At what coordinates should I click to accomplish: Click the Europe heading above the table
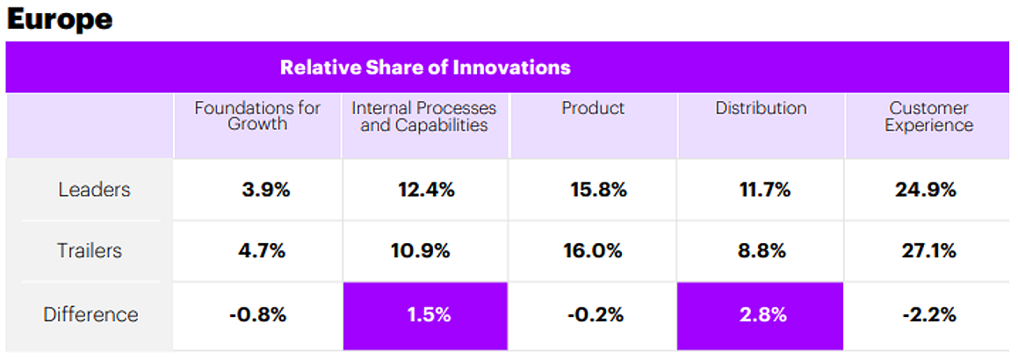60,18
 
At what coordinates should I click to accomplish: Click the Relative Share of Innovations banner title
425,68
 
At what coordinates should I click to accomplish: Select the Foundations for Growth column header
257,116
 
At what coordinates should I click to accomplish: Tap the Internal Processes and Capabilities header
424,116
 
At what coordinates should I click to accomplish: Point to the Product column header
593,108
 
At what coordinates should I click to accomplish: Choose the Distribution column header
761,108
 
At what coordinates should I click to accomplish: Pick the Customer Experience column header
928,116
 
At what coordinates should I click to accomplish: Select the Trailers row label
90,250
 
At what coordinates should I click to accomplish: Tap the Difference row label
90,313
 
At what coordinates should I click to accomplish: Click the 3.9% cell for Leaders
265,189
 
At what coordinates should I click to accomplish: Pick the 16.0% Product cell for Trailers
593,250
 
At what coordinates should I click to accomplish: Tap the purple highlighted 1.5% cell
424,313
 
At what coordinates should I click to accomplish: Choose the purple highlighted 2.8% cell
761,313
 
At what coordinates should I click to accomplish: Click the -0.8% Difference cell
257,313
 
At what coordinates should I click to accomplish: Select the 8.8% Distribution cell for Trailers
761,250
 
